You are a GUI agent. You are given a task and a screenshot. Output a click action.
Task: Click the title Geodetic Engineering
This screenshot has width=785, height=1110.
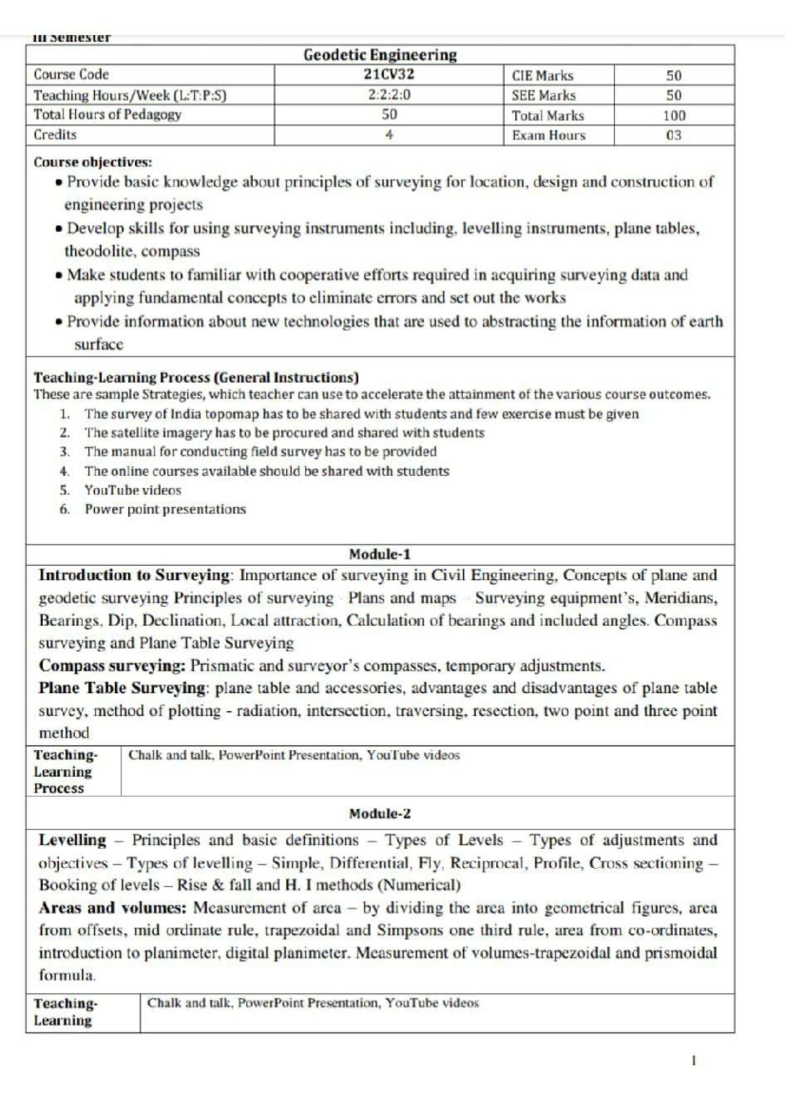coord(380,55)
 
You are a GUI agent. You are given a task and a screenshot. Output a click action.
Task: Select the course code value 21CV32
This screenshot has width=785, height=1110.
coord(389,75)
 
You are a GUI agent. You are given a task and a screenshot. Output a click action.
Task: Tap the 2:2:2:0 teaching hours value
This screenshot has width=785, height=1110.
coord(389,95)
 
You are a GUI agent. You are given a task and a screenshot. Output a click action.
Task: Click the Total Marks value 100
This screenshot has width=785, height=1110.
coord(674,116)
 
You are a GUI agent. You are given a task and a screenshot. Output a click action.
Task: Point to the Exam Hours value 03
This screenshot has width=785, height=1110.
coord(674,135)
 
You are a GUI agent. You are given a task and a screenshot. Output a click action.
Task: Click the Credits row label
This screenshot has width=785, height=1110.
coord(55,135)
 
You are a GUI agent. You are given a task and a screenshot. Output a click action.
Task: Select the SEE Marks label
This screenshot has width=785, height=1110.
coord(544,95)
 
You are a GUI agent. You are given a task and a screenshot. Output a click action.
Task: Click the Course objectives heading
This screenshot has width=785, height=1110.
coord(93,161)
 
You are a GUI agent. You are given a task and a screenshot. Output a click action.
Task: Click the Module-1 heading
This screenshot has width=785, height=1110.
coord(380,554)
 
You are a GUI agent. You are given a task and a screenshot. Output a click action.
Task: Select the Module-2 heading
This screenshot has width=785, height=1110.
coord(380,814)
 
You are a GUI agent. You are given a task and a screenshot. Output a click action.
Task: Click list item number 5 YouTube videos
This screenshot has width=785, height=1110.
coord(132,490)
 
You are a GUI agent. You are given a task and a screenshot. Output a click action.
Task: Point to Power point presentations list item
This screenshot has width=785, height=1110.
coord(165,509)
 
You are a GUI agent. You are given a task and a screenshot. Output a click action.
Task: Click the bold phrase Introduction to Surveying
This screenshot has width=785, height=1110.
coord(134,575)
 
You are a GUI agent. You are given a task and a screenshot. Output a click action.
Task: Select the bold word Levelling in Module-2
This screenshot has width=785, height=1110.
coord(72,840)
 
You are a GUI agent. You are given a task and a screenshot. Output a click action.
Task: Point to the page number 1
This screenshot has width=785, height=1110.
coord(693,1060)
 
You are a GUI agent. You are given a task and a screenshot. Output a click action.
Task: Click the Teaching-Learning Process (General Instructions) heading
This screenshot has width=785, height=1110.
coord(196,377)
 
